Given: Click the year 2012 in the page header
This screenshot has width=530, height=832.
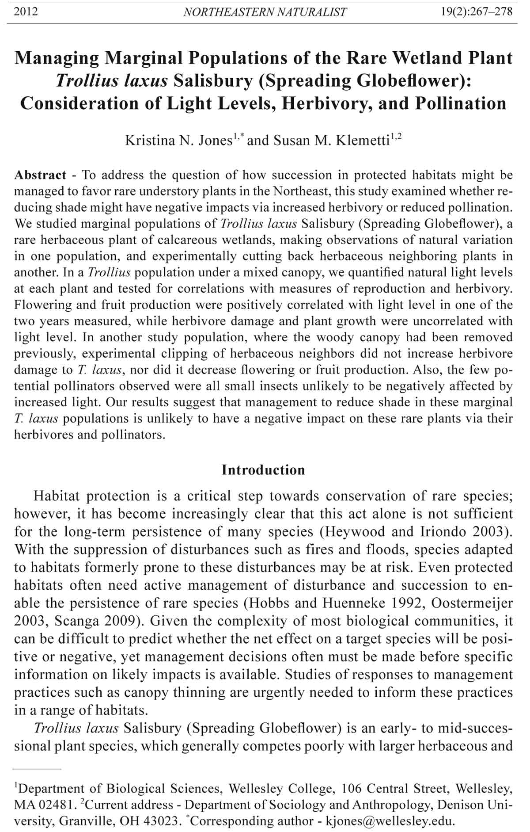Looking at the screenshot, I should click(x=26, y=11).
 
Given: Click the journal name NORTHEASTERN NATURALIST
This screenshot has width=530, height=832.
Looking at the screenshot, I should click(x=265, y=12).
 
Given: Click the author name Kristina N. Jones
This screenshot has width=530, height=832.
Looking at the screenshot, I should click(x=178, y=141).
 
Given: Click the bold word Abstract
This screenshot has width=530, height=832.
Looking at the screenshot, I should click(x=40, y=175).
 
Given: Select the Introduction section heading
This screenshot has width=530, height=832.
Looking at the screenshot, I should click(x=263, y=469).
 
